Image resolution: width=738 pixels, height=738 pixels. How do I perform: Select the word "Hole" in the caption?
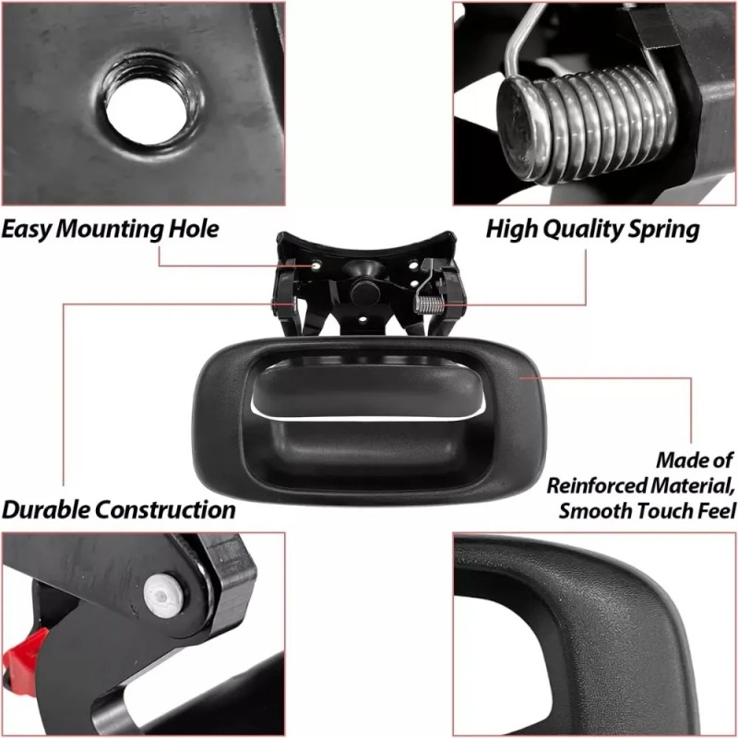pyautogui.click(x=194, y=229)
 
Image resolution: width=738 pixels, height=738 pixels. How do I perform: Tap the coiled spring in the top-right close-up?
pyautogui.click(x=589, y=125)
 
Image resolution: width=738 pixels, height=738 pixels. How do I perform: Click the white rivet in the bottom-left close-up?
pyautogui.click(x=163, y=596)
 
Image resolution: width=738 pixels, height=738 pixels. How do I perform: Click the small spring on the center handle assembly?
pyautogui.click(x=429, y=305)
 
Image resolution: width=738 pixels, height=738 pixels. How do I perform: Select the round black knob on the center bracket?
pyautogui.click(x=365, y=292)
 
